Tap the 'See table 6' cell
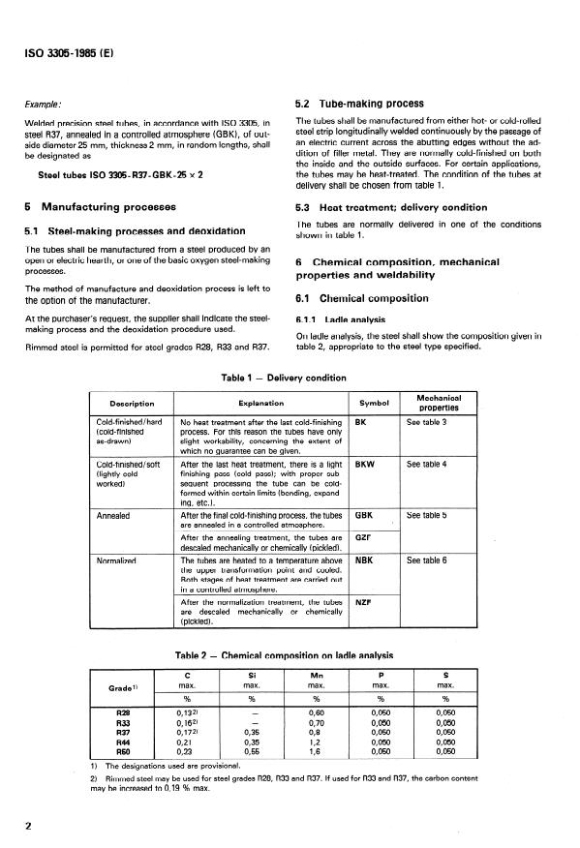426,560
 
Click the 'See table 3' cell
426,423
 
